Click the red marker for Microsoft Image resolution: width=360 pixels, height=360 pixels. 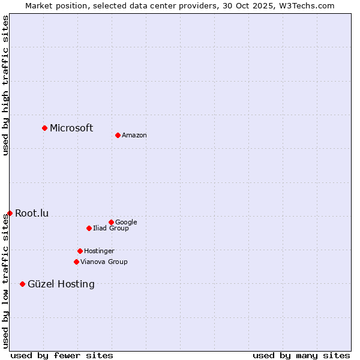click(x=44, y=128)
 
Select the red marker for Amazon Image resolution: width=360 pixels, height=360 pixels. click(x=118, y=135)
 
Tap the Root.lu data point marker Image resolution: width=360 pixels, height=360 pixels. click(x=10, y=213)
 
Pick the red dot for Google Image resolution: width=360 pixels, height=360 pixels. click(x=111, y=222)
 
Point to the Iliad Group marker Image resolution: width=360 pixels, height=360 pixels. click(x=89, y=228)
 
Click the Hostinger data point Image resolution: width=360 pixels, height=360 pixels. click(x=80, y=251)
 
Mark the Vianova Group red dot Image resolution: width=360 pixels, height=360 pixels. click(x=76, y=262)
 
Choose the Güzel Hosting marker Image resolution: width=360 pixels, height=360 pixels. click(x=23, y=284)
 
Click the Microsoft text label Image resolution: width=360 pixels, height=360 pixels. click(x=71, y=128)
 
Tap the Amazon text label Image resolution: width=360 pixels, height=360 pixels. click(x=134, y=135)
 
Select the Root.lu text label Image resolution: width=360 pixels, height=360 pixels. click(x=32, y=213)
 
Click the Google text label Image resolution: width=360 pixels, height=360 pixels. click(x=126, y=222)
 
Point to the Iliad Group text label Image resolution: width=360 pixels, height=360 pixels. click(x=111, y=228)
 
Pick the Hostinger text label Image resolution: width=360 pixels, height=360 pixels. click(x=99, y=251)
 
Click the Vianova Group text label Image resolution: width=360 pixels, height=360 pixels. click(x=104, y=262)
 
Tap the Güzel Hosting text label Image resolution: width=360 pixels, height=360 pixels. click(x=61, y=284)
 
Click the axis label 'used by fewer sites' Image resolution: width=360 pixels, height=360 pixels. click(x=62, y=355)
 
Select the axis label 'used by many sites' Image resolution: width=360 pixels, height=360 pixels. click(x=301, y=355)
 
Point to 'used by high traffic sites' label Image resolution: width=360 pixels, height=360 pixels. click(x=5, y=85)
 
